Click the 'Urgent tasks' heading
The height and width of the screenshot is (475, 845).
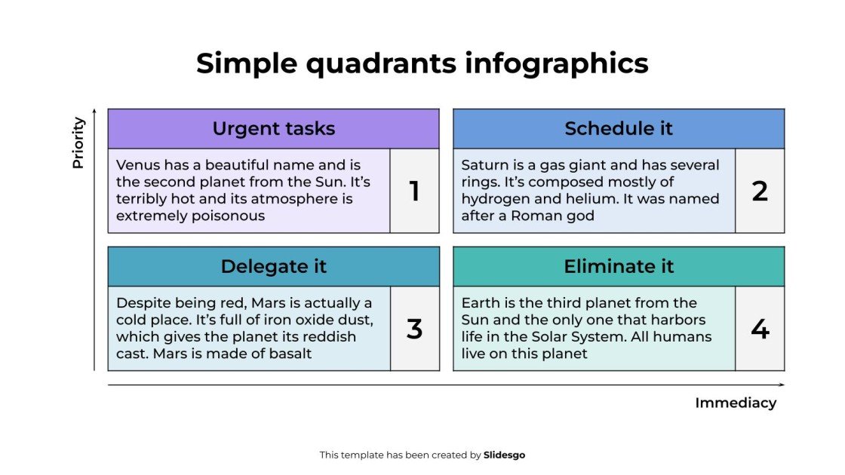(x=273, y=129)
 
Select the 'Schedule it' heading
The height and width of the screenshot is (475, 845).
(x=618, y=129)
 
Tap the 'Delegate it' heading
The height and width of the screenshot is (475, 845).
(x=273, y=266)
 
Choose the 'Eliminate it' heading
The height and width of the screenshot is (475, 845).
(x=619, y=266)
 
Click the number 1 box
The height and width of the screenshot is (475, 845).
(x=414, y=192)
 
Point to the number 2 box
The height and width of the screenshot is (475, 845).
(x=760, y=192)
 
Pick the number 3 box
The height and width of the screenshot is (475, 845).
(x=414, y=329)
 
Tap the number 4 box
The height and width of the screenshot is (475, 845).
(x=760, y=329)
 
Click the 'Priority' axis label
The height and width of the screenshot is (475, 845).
(x=78, y=142)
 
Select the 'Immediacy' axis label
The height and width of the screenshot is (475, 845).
(x=735, y=403)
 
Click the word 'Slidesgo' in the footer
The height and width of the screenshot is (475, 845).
(x=504, y=455)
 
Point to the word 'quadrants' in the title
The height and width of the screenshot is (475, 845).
(x=380, y=63)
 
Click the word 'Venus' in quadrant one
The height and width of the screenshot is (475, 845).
(x=138, y=165)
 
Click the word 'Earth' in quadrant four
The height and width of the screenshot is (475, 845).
(x=481, y=302)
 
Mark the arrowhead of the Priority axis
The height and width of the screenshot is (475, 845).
(x=94, y=112)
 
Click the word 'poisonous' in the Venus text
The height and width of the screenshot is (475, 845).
(x=229, y=216)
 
